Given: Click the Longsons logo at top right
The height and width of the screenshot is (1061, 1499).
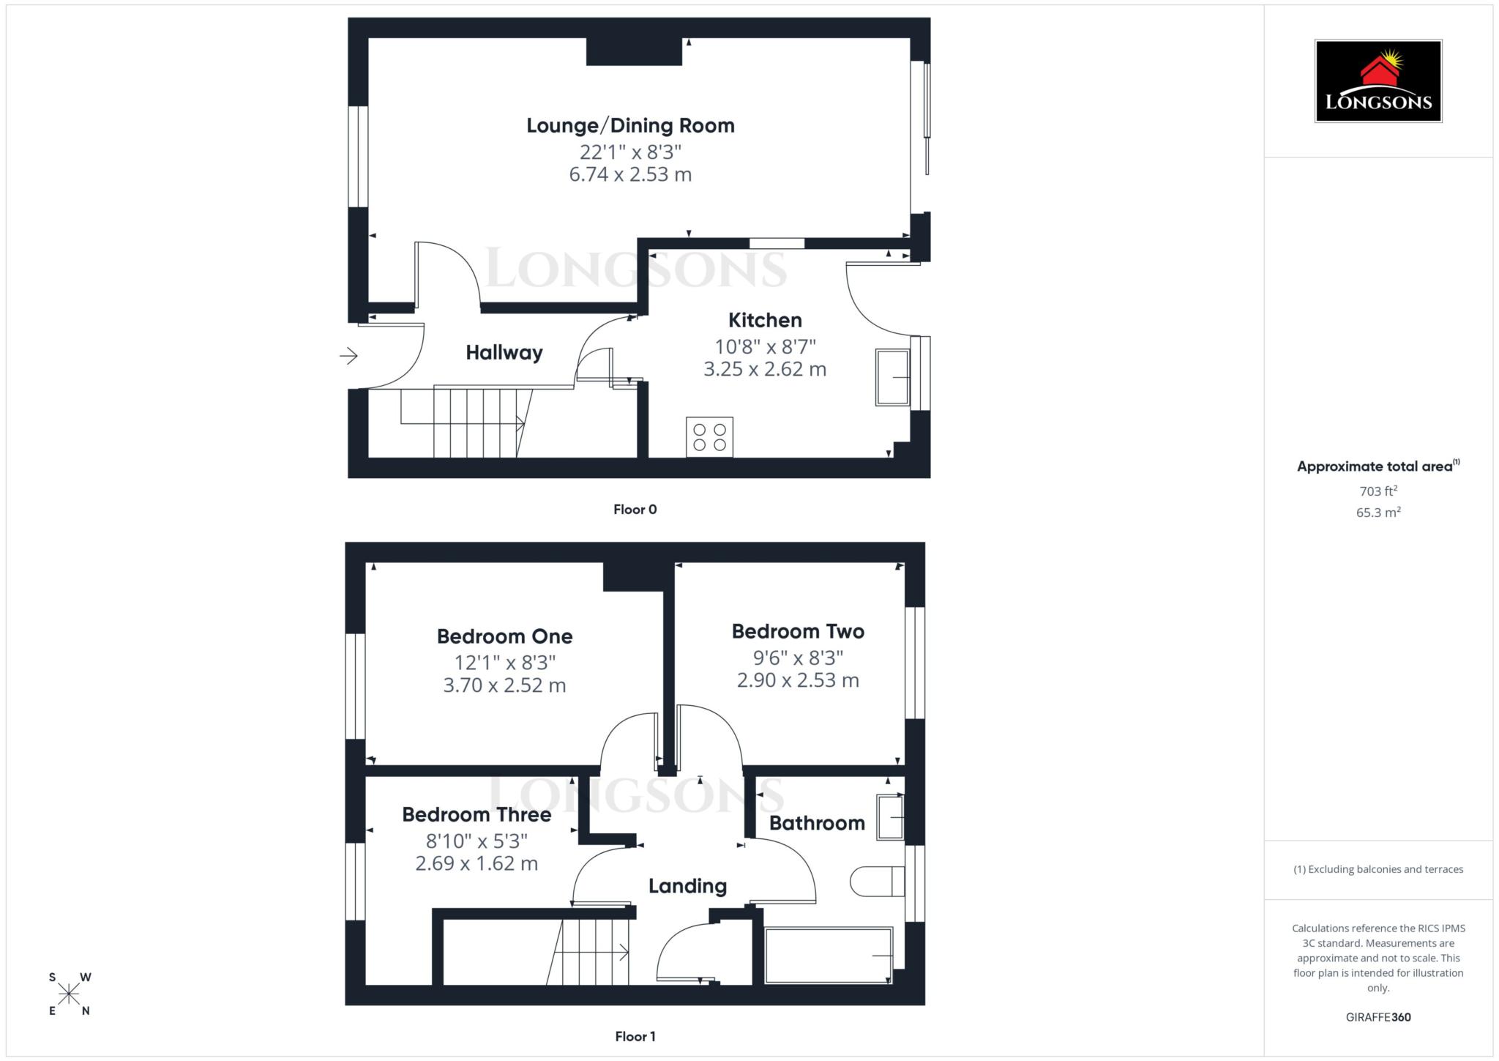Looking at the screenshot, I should point(1377,81).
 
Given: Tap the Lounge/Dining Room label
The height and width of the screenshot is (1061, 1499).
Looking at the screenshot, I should point(630,126).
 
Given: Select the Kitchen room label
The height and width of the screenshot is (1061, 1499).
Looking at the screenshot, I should point(765,321).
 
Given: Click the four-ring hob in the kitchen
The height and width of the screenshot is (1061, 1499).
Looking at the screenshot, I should point(709,437).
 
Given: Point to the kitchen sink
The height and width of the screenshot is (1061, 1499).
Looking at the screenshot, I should point(892,377).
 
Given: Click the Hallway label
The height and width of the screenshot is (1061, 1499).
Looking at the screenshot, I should point(504,353).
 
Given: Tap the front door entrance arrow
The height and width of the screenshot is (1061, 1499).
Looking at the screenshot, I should point(348,357).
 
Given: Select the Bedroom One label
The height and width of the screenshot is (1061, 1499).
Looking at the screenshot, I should point(504,636).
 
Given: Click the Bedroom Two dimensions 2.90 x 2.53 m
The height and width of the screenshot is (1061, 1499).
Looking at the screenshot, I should point(798,680).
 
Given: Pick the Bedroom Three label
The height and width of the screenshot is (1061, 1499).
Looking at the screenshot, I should point(476,815).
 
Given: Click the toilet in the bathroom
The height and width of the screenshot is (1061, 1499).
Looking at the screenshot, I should point(876,882).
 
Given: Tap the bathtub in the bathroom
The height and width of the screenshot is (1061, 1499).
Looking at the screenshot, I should point(828,956).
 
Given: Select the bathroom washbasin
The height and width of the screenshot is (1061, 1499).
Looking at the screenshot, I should point(890,816).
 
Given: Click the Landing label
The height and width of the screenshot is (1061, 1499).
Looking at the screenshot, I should point(687,886).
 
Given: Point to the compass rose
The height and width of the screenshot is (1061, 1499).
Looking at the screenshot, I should point(69,994).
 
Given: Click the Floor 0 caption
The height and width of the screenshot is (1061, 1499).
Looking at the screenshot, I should point(635,510).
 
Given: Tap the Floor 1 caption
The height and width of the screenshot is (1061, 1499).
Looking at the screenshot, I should point(635,1036).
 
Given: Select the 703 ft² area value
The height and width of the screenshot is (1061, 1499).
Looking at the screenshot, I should point(1377,491).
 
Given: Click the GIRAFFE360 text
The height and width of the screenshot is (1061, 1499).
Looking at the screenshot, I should point(1377,1017).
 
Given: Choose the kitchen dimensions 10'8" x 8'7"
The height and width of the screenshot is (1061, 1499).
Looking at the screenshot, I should point(765,346).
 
